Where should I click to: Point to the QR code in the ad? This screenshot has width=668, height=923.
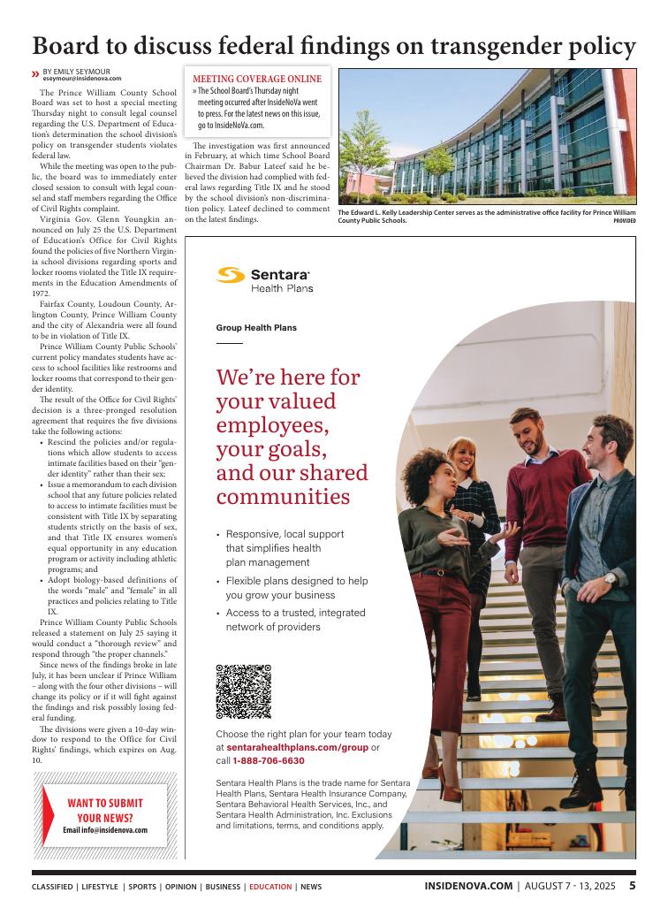coord(243,691)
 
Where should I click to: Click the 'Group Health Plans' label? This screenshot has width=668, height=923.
coord(256,328)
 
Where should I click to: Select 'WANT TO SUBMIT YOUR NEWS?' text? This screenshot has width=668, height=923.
coord(105,810)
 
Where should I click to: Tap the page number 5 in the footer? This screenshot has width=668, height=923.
coord(633,885)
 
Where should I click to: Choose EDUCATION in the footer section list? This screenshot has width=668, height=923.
coord(270,886)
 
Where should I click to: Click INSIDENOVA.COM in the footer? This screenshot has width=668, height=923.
coord(468,885)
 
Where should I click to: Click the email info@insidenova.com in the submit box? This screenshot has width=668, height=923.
coord(104,831)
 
